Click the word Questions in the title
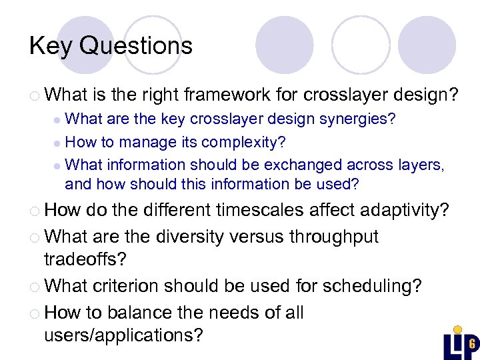[136, 46]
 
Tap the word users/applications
[123, 335]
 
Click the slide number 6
[471, 344]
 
